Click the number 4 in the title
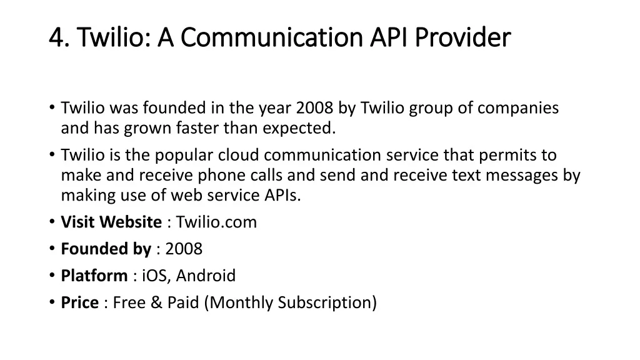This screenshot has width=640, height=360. point(56,37)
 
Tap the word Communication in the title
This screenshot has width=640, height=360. point(271,37)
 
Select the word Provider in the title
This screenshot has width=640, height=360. point(463,37)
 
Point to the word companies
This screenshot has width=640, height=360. point(518,108)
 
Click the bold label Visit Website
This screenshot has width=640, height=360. point(111,222)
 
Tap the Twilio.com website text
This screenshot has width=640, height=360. point(216,222)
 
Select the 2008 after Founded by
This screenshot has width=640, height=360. point(184,249)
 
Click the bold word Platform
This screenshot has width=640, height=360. point(94,276)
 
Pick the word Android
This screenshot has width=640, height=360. point(206,276)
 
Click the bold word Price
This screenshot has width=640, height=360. point(79,303)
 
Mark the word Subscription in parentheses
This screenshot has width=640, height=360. point(324,303)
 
